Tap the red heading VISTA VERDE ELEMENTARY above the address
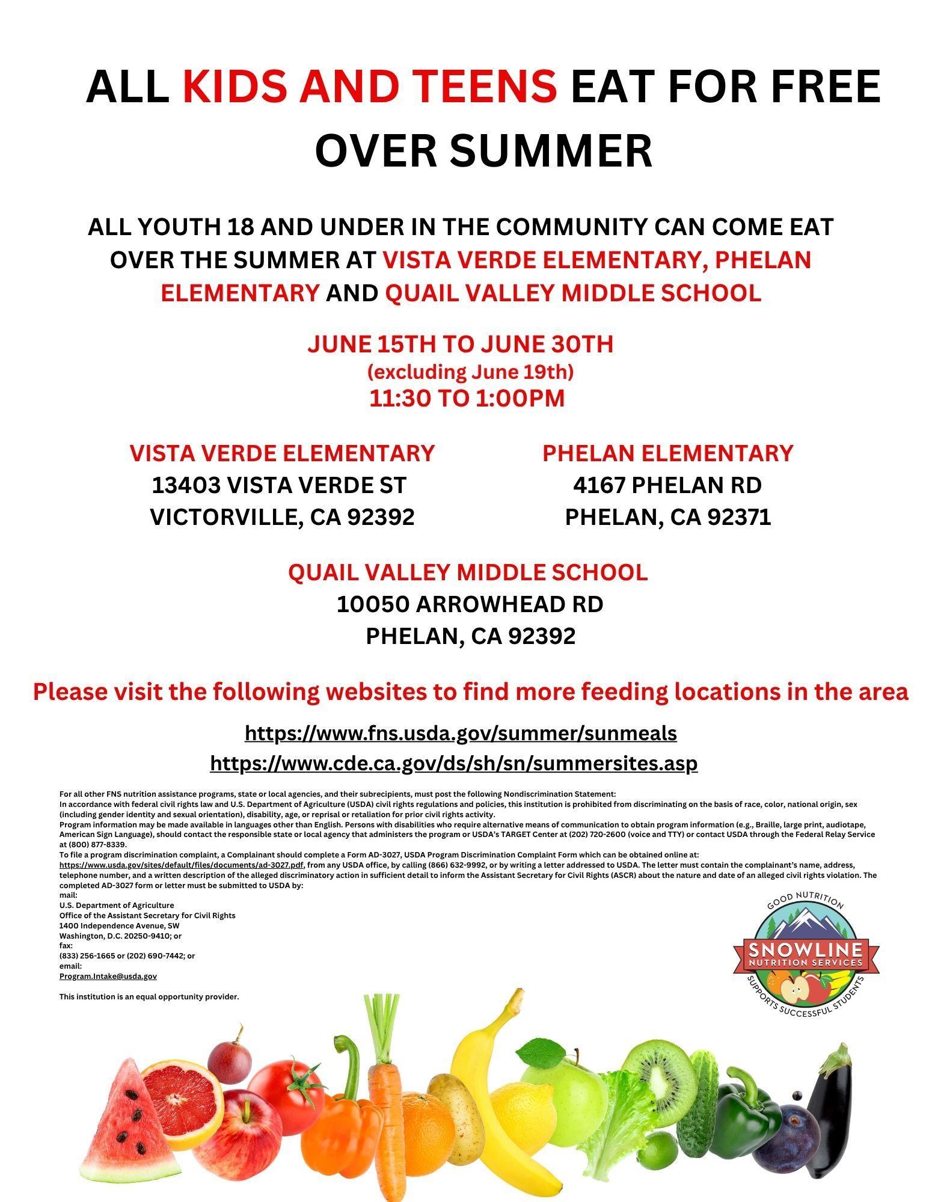click(282, 453)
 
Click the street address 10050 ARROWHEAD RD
click(470, 604)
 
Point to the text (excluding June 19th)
click(470, 372)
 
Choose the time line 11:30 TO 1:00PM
click(467, 399)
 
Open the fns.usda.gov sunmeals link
click(461, 734)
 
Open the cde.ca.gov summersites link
click(453, 764)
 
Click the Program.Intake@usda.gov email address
click(108, 977)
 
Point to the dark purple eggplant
click(831, 1112)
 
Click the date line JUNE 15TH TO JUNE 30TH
click(460, 345)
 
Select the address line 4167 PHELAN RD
click(667, 485)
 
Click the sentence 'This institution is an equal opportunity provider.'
click(149, 997)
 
